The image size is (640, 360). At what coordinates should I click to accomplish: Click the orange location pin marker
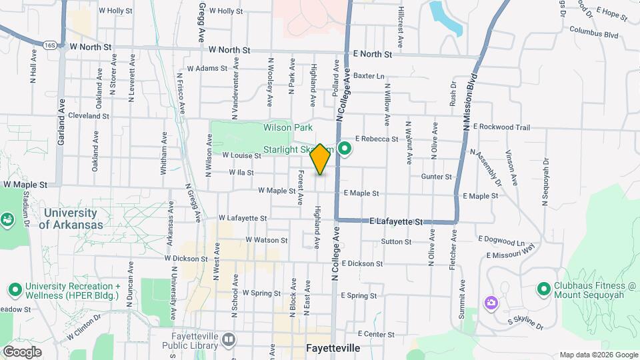point(321,159)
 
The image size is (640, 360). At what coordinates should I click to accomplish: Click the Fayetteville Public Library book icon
point(229,341)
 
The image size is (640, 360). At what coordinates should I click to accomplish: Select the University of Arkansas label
point(71,219)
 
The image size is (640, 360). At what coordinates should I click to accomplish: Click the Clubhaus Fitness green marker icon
point(543,289)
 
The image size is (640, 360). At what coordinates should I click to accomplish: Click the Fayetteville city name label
point(333,349)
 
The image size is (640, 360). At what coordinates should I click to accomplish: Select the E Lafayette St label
point(396,221)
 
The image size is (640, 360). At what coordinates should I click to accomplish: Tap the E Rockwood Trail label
point(501,127)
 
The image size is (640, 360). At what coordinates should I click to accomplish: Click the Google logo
point(21,351)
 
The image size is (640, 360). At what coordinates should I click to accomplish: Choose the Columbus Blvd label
point(594,33)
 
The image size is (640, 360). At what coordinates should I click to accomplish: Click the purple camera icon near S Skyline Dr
point(491,303)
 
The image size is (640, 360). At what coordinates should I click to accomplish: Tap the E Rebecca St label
point(376,139)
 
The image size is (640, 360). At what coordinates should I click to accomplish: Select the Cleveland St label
point(88,115)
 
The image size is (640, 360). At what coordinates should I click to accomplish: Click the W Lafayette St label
point(243,218)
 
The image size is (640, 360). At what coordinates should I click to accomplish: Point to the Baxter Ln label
point(369,76)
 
